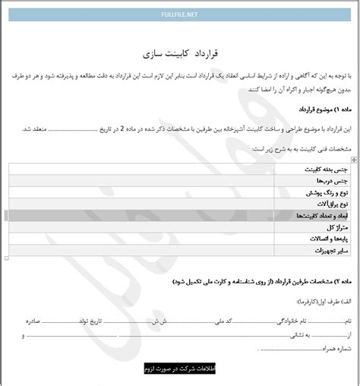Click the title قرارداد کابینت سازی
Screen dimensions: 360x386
coord(180,54)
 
